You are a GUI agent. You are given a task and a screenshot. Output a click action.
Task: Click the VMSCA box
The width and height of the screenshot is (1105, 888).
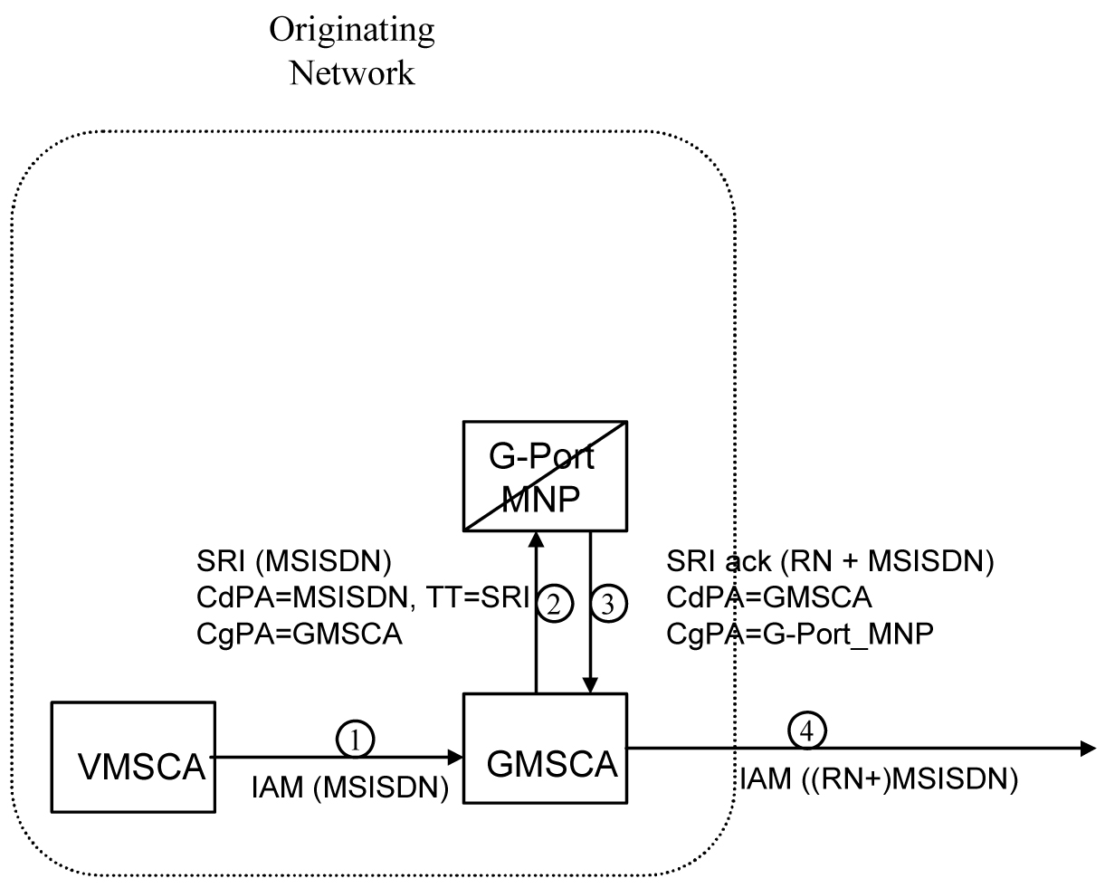[134, 757]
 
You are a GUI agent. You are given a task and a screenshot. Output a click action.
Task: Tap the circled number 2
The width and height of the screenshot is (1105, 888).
[555, 605]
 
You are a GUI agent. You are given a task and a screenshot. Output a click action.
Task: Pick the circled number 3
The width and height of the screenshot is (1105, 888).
[608, 605]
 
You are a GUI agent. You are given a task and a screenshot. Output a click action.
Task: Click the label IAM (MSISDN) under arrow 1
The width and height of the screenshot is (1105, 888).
[350, 789]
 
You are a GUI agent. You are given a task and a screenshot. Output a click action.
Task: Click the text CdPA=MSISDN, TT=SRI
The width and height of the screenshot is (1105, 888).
[361, 599]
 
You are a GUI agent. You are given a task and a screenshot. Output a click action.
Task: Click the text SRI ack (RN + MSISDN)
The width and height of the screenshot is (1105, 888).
[829, 563]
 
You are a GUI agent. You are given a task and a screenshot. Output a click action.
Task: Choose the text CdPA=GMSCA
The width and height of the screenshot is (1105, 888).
[768, 599]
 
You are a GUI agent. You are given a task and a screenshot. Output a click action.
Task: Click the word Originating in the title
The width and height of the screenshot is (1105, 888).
[351, 30]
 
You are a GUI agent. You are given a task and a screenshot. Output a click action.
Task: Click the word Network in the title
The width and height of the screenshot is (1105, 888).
[351, 72]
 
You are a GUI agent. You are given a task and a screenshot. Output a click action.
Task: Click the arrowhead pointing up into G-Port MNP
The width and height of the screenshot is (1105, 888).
[537, 540]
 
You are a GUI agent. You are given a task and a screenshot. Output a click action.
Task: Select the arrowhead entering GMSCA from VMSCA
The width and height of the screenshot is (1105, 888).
[454, 756]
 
